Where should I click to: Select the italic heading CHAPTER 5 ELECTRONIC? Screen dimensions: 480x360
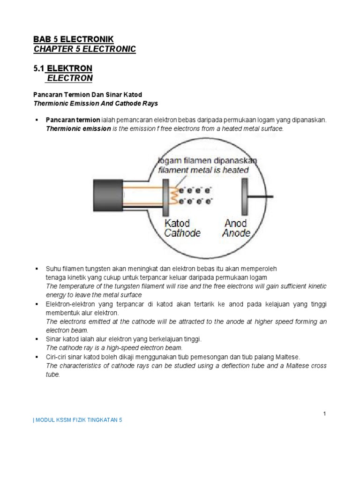[x=84, y=49]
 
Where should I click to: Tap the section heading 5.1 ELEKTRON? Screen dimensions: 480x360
[x=63, y=68]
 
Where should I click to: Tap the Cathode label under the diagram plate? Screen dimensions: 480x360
[x=182, y=233]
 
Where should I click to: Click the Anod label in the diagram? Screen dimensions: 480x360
[x=236, y=223]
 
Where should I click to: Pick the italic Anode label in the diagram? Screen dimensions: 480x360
[x=236, y=233]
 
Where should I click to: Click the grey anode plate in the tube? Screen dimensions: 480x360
[x=244, y=195]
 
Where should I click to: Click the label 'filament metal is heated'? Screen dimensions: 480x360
[x=203, y=170]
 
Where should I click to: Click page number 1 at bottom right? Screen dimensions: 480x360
[x=324, y=413]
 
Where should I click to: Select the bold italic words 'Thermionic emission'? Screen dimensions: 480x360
[x=78, y=128]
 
